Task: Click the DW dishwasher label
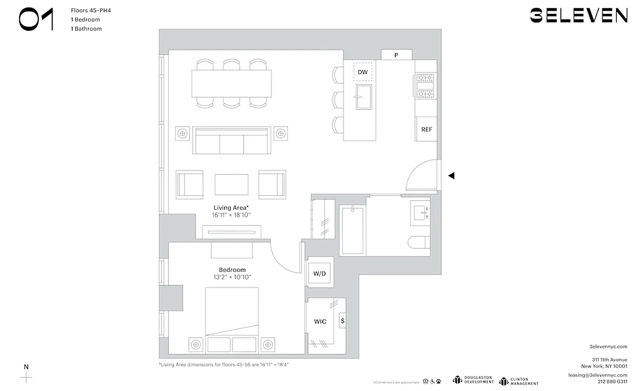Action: [363, 72]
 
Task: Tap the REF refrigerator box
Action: [426, 130]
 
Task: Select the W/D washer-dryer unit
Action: [320, 274]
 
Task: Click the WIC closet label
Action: [320, 322]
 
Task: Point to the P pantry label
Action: [396, 55]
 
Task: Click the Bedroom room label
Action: [232, 270]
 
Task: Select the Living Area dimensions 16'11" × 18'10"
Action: [231, 215]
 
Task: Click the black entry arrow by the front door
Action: [452, 175]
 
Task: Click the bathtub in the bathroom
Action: [352, 230]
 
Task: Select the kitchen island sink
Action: [363, 97]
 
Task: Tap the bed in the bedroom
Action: [231, 318]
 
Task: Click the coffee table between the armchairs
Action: [231, 185]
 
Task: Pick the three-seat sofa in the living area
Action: [231, 141]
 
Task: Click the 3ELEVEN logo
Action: [578, 16]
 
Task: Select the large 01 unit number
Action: [36, 20]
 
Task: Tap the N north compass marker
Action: [26, 367]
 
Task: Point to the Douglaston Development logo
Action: [473, 380]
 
